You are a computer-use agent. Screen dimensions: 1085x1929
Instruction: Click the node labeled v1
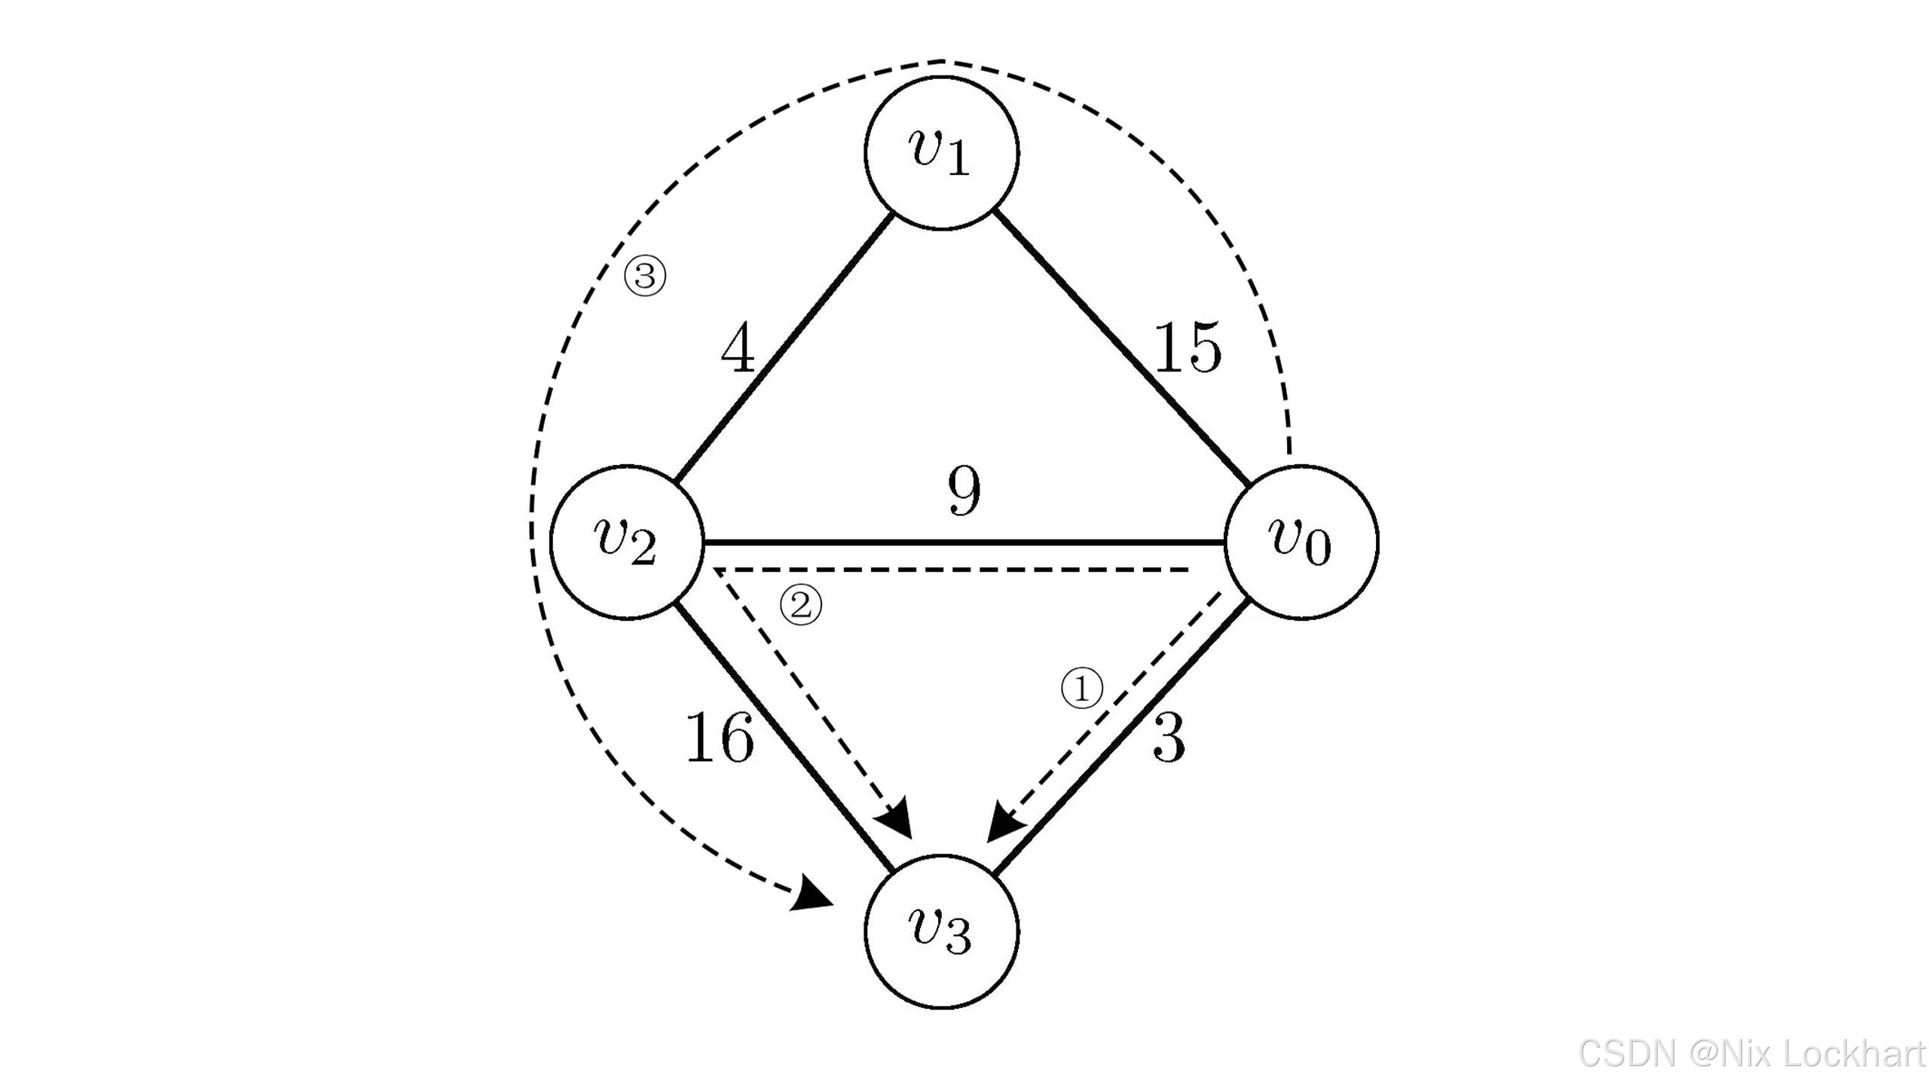(x=941, y=152)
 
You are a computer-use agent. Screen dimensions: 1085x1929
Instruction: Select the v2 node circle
(x=627, y=542)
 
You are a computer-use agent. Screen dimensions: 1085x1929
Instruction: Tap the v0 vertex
(x=1301, y=542)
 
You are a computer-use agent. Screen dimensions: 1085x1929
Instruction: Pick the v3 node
(x=941, y=931)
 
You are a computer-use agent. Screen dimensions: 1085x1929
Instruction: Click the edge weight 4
(x=738, y=348)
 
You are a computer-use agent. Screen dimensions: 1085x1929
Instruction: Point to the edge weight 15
(x=1187, y=348)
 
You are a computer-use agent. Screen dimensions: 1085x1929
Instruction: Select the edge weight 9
(x=964, y=491)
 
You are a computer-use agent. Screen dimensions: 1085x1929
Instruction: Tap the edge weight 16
(x=719, y=738)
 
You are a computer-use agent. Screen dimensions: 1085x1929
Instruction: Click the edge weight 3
(x=1169, y=738)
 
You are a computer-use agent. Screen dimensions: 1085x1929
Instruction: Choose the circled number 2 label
(x=800, y=605)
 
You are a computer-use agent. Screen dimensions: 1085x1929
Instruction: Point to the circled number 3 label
(x=645, y=276)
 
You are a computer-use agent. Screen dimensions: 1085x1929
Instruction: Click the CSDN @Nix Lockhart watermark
(x=1752, y=1053)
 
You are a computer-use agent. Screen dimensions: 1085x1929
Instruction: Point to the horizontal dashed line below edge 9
(x=949, y=570)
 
